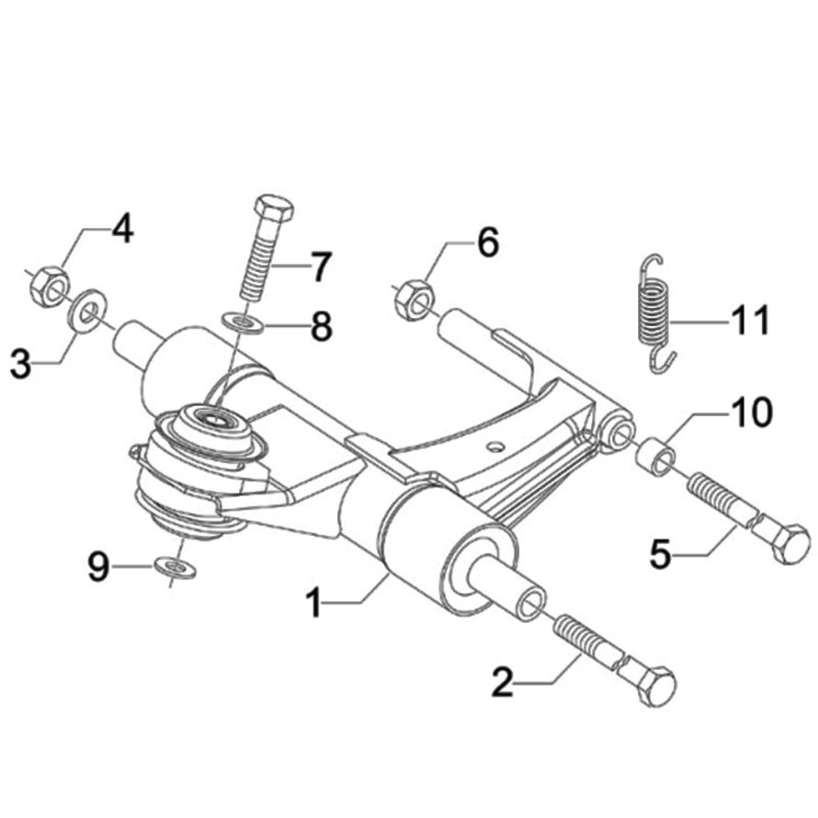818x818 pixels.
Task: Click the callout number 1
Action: click(x=314, y=604)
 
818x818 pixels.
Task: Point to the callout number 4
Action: click(x=122, y=229)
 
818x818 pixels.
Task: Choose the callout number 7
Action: click(x=320, y=267)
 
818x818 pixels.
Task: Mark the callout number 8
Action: click(x=321, y=326)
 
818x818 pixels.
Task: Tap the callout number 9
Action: click(x=99, y=566)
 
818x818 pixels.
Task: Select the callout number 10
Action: click(x=751, y=413)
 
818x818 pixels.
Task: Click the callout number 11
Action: click(x=750, y=322)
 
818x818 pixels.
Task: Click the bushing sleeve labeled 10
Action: click(x=655, y=455)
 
